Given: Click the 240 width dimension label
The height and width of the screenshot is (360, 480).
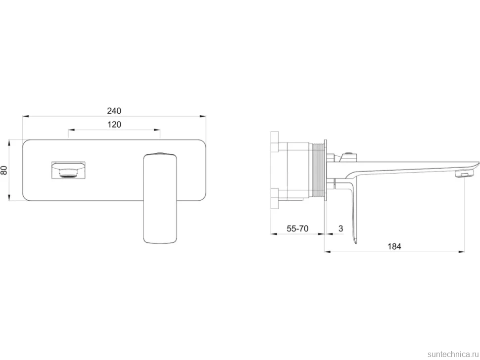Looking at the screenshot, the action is (114, 110).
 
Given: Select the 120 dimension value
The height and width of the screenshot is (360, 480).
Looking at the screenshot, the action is (114, 125).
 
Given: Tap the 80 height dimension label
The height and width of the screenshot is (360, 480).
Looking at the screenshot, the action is (4, 170).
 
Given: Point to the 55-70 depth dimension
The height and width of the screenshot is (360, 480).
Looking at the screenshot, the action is (297, 228).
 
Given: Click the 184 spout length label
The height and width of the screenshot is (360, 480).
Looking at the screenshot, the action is (394, 246).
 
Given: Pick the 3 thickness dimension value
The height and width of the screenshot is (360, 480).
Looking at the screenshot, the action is (341, 228).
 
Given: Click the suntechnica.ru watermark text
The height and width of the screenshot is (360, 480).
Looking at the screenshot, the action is (453, 354).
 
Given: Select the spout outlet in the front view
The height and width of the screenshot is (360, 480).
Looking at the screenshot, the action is (68, 170).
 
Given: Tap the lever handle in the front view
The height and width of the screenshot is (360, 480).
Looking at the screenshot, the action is (160, 199).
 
